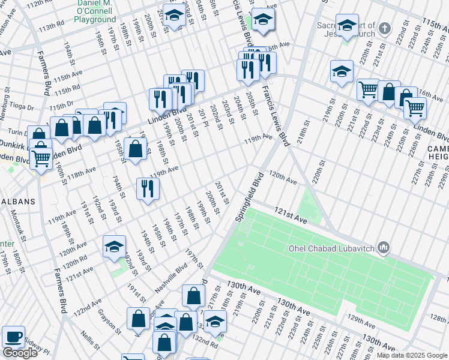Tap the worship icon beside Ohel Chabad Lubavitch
pos(384,248)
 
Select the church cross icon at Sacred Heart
pos(384,28)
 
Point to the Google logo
pos(19,353)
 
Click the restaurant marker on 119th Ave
pos(147,189)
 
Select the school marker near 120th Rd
pos(114,247)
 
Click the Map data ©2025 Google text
pos(412,355)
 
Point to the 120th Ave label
pos(283,178)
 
